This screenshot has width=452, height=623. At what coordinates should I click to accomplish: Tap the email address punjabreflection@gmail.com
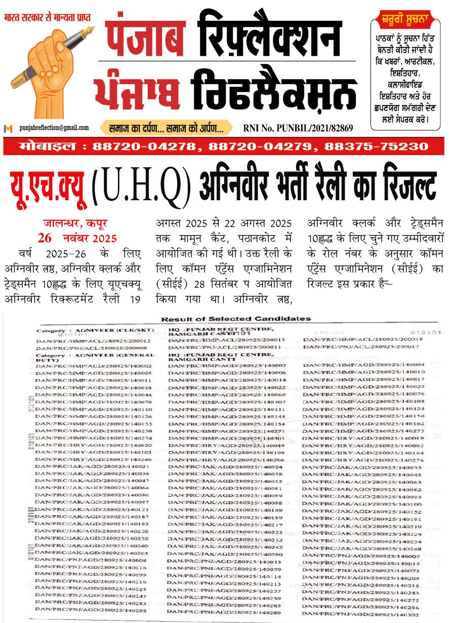(54, 128)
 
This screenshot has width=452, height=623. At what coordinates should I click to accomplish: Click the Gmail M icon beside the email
(8, 129)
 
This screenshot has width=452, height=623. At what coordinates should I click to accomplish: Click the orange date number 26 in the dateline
(45, 238)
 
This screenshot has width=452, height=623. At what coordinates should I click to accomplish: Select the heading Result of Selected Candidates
(235, 319)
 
